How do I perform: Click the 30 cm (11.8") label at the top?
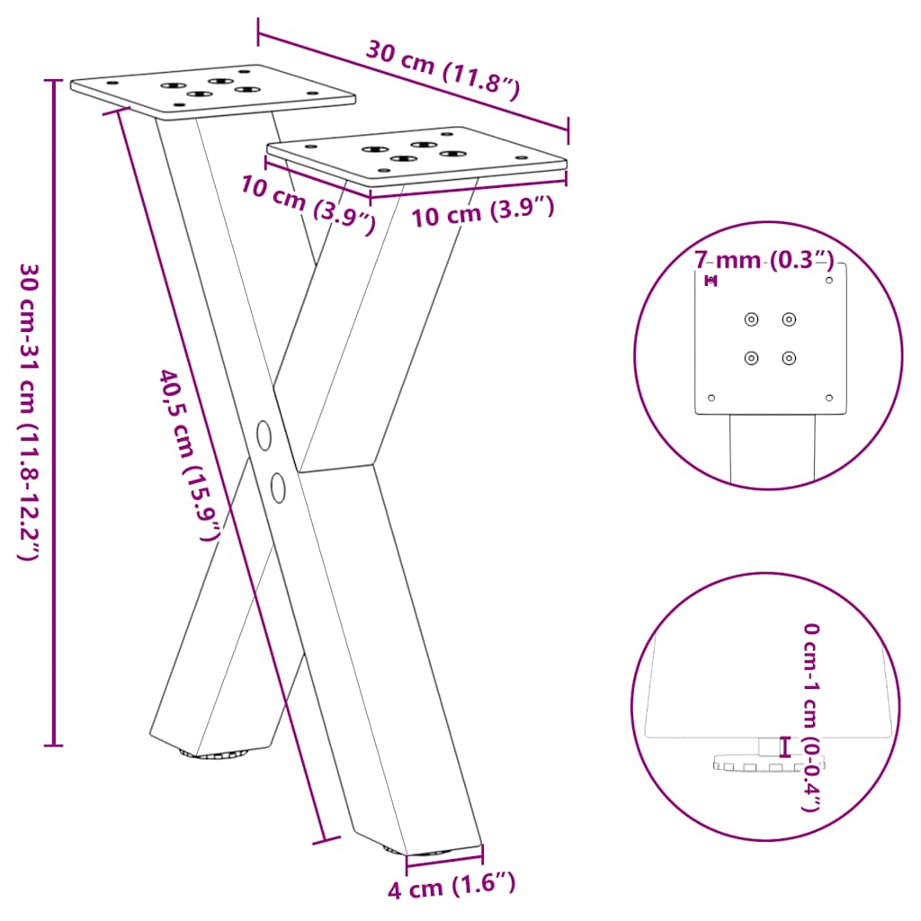(x=443, y=70)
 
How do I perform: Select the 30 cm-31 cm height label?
(x=28, y=412)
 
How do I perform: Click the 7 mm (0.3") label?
(x=764, y=261)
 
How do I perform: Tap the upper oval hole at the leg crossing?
(x=264, y=434)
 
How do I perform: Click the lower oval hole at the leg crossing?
(x=279, y=487)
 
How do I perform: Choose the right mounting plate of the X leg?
(x=417, y=155)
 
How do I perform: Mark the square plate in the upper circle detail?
(x=772, y=342)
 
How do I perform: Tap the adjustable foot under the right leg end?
(x=422, y=851)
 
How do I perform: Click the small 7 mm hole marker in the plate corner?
(x=711, y=282)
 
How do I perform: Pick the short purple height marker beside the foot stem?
(x=785, y=746)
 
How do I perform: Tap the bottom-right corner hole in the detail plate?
(x=829, y=398)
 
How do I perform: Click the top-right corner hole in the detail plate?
(x=829, y=281)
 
